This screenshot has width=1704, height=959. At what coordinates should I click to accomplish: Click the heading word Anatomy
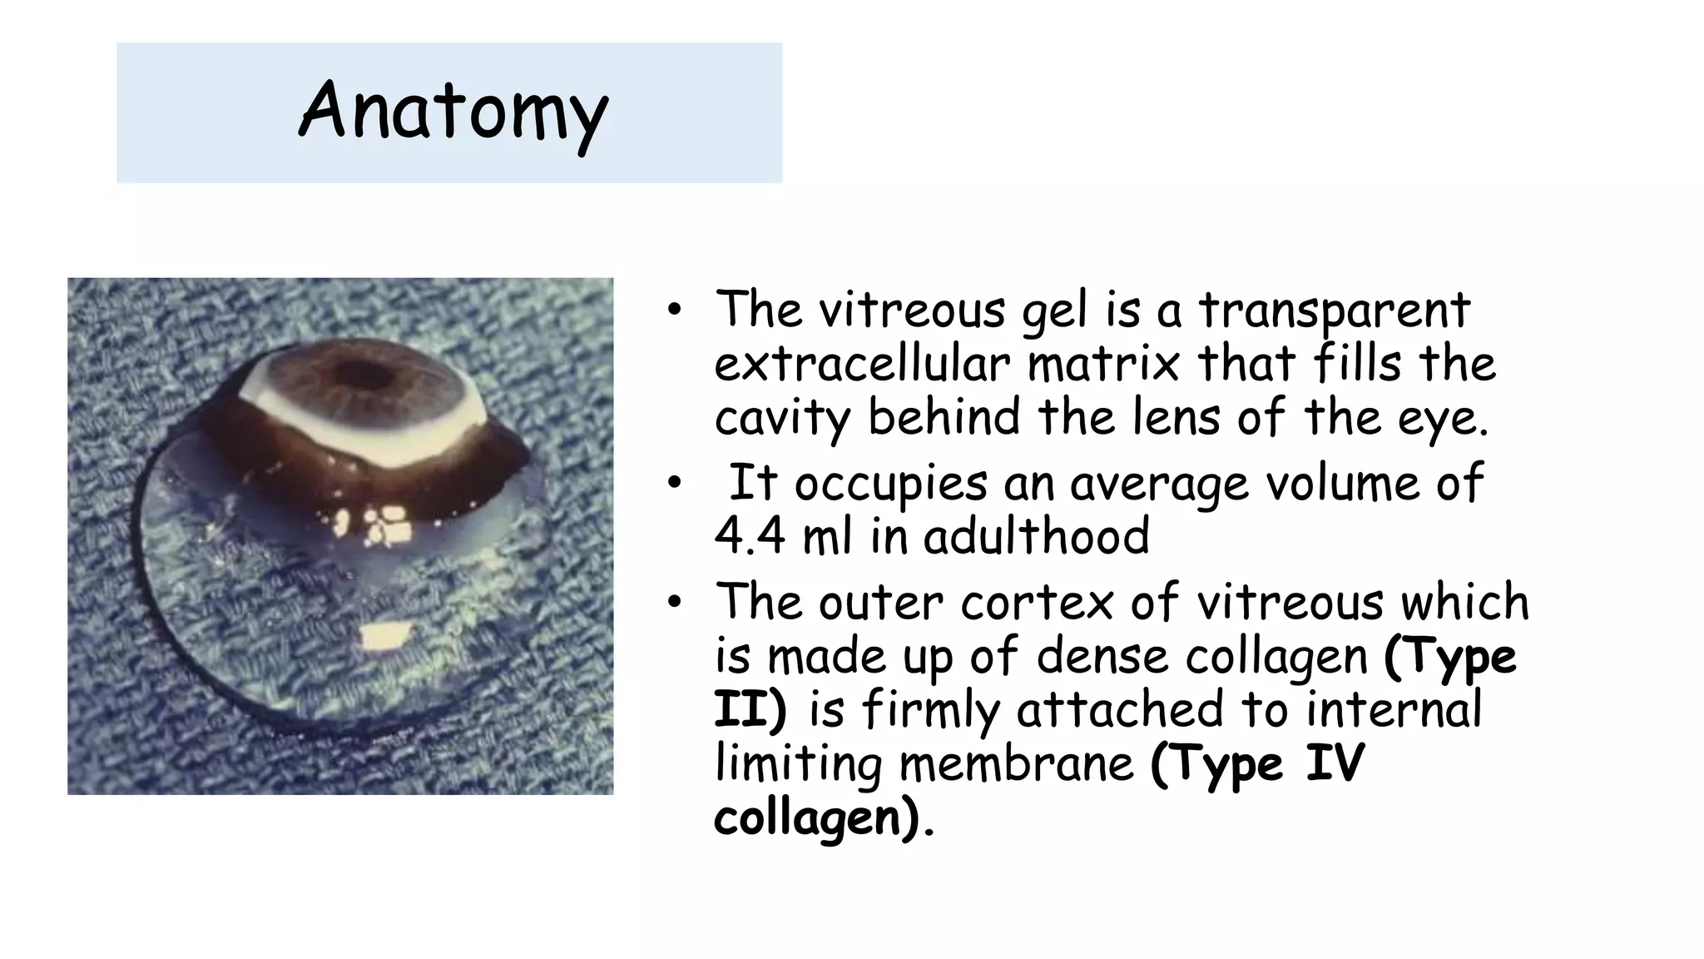click(453, 112)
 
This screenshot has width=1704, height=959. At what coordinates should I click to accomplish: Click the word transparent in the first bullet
click(1334, 310)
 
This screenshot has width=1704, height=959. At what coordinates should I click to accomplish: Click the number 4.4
click(749, 537)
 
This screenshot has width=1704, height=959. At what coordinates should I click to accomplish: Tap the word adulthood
click(1036, 537)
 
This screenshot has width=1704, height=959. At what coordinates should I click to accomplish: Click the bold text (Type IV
click(1257, 764)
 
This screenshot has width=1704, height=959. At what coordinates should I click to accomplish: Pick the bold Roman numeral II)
click(750, 710)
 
